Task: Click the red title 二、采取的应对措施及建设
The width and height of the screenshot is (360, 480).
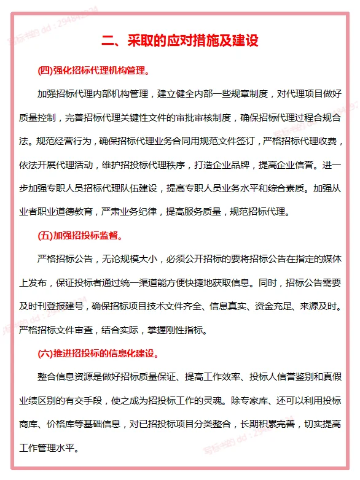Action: pyautogui.click(x=180, y=42)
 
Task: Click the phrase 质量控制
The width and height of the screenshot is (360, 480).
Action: pyautogui.click(x=39, y=117)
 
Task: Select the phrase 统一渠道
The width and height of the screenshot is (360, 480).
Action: pyautogui.click(x=151, y=282)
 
